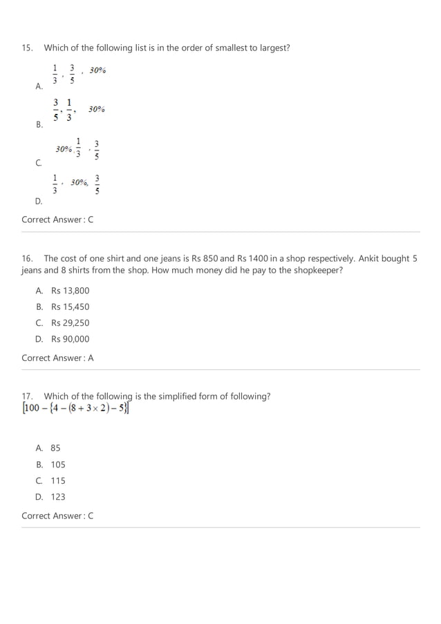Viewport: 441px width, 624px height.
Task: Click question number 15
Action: pos(27,48)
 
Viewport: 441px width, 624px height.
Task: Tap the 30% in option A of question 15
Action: pos(97,70)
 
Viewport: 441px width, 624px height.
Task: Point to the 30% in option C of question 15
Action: pos(64,148)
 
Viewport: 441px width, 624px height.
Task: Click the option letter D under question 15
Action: pos(39,202)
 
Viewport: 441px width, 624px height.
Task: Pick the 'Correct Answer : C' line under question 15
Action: pos(57,220)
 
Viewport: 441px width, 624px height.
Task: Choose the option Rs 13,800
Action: pos(70,291)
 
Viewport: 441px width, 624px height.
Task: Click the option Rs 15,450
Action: pos(70,306)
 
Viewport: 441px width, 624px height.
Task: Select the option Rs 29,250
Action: pos(70,323)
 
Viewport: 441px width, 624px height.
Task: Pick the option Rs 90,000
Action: pos(70,339)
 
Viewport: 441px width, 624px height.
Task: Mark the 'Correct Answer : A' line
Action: pos(57,358)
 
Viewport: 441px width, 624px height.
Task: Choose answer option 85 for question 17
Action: pos(55,448)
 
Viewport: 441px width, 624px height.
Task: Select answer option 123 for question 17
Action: pos(58,496)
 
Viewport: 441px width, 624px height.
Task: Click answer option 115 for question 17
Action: pos(58,480)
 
